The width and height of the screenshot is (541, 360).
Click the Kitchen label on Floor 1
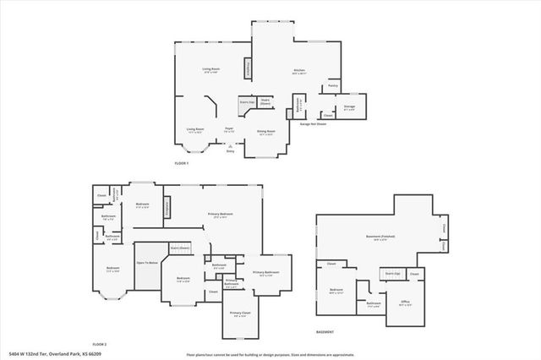pos(298,71)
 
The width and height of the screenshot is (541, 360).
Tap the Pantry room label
pos(332,86)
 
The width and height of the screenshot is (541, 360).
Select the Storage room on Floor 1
pos(349,107)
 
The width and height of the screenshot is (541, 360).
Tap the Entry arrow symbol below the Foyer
pos(229,146)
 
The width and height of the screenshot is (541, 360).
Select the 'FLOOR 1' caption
pos(182,162)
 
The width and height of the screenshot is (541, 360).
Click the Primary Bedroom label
pos(221,215)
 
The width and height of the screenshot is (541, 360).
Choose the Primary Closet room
pos(239,314)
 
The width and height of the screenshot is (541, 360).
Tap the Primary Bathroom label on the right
pos(267,273)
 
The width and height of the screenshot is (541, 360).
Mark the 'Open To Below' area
pos(148,263)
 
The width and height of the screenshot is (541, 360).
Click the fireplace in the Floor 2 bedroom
pos(167,205)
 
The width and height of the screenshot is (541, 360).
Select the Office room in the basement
pos(406,303)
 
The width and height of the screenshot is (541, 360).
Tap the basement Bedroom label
pos(336,292)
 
